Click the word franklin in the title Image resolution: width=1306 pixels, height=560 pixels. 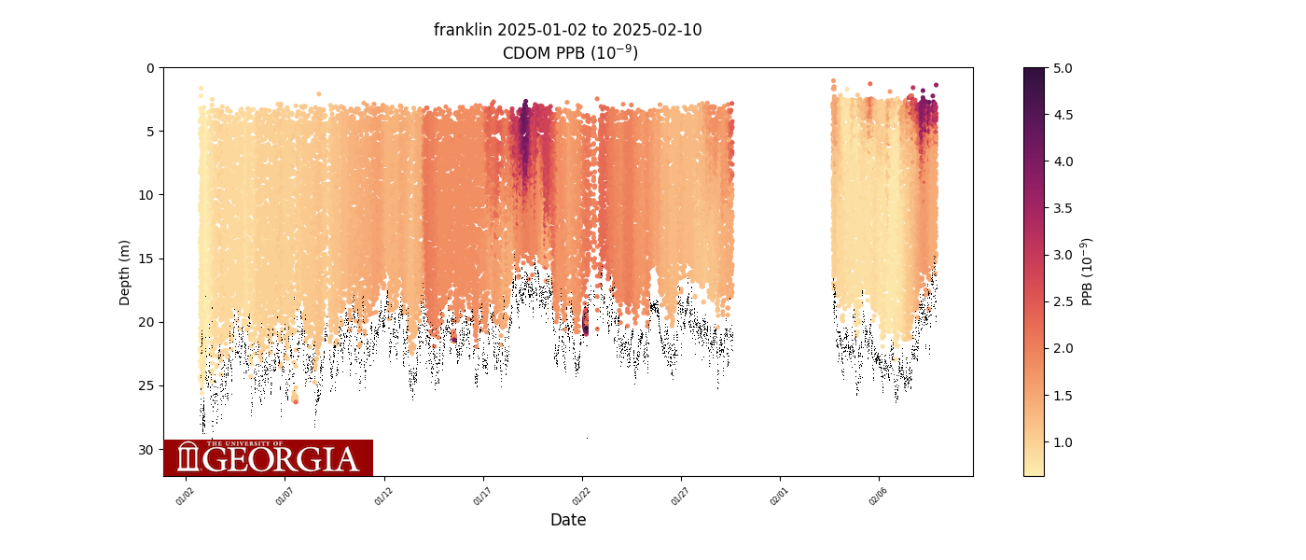pos(463,30)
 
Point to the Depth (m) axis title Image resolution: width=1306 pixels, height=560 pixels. pos(125,272)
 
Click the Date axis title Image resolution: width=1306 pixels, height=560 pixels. pos(568,520)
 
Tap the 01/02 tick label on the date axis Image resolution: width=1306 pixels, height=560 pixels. pos(185,497)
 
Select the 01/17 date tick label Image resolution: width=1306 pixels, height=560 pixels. pos(482,497)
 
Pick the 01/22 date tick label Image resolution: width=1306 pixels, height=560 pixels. pos(581,497)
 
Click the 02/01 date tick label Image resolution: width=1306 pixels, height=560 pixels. pos(779,497)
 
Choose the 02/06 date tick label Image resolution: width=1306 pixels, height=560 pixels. pos(878,497)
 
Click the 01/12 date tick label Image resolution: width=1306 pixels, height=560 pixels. pos(383,497)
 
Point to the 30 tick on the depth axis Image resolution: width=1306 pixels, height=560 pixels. pos(147,449)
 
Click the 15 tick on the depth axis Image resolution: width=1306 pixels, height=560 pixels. pos(147,259)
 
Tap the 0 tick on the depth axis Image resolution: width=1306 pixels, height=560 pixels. pos(150,68)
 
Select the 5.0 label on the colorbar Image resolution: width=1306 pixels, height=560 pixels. pos(1062,68)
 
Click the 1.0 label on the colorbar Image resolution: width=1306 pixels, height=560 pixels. pos(1062,441)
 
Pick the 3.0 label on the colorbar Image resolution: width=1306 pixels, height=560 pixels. pos(1062,255)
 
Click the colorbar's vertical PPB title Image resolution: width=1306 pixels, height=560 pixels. pos(1088,272)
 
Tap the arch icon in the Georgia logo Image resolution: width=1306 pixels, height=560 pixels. pos(188,457)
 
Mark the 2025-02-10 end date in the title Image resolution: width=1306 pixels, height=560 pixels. pos(657,30)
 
